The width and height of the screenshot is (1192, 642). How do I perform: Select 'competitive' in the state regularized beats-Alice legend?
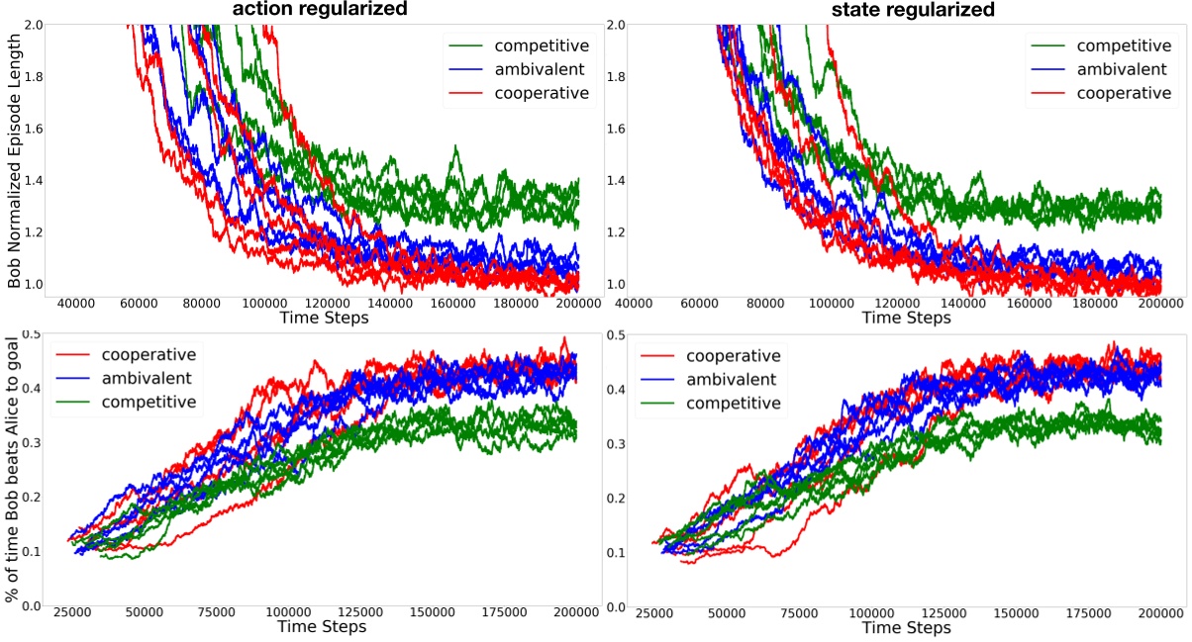click(x=733, y=403)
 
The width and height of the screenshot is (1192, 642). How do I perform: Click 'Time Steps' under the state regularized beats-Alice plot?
click(x=907, y=627)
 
